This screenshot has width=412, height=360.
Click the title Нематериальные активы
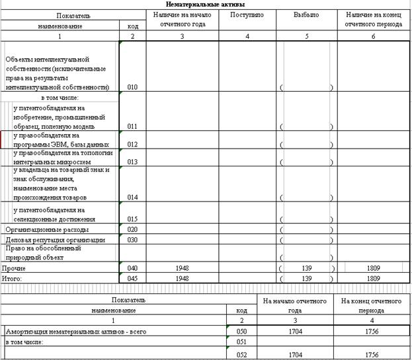205,5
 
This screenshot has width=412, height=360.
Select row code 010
132,87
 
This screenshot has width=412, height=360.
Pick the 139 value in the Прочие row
306,269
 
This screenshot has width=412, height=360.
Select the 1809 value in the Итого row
374,279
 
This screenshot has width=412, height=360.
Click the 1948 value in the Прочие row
182,269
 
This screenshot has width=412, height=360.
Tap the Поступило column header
247,15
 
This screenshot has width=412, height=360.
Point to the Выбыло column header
307,15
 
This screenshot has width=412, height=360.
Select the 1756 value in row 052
371,355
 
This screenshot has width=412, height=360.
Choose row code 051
241,342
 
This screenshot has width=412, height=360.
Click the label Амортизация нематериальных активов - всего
75,330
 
